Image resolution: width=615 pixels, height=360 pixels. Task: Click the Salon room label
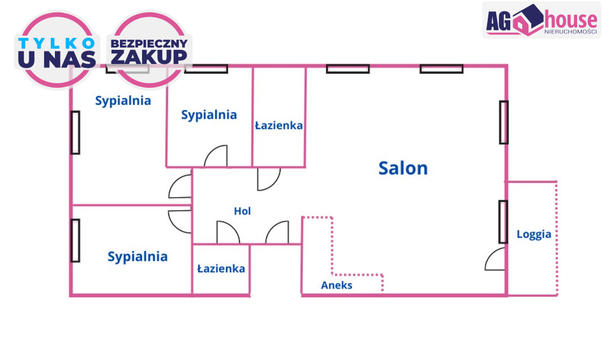point(403,168)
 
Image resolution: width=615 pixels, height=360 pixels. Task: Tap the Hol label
point(242,211)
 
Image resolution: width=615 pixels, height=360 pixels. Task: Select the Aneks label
point(337,285)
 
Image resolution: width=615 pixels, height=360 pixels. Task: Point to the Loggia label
point(534,234)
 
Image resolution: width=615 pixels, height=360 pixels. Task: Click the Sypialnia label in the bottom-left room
point(137,257)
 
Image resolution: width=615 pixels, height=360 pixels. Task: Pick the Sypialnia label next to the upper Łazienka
point(209,115)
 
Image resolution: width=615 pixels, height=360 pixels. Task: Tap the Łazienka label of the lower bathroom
point(221,268)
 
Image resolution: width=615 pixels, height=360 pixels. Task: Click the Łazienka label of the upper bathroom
point(278,126)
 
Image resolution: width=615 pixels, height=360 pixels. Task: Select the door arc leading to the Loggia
point(494,259)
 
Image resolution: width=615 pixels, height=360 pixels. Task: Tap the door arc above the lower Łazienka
point(227,232)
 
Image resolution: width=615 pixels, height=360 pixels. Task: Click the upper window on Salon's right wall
point(504,122)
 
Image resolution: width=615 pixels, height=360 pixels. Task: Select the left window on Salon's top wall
point(347,69)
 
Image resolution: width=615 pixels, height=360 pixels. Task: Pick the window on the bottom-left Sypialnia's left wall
point(75,240)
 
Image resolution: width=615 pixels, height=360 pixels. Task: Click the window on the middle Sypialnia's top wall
point(206,69)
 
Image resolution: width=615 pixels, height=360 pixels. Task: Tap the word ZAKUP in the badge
point(149,57)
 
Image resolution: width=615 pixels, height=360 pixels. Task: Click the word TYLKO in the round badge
point(57,44)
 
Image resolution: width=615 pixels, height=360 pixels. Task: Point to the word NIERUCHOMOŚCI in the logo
point(570,32)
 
